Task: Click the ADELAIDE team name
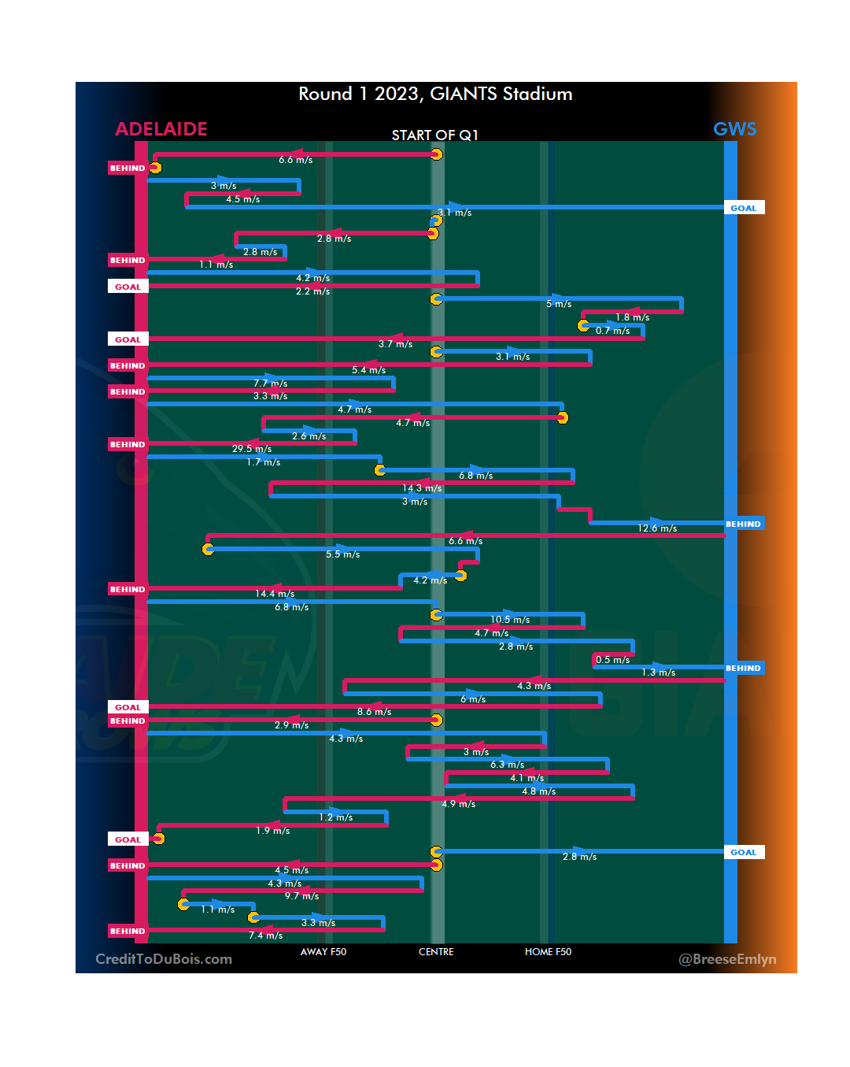tap(161, 129)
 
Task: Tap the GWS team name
tap(734, 129)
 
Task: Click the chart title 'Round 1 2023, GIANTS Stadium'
tap(435, 94)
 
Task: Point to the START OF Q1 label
tap(434, 135)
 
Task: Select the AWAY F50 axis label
tap(323, 952)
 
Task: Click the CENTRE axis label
tap(436, 952)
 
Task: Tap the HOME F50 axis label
tap(548, 952)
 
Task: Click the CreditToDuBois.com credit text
tap(164, 959)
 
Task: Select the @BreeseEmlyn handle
tap(727, 959)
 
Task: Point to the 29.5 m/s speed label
tap(252, 449)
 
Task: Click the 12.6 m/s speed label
tap(657, 528)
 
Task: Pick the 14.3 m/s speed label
tap(422, 488)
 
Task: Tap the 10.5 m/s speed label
tap(510, 620)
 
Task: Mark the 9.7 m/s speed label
tap(301, 896)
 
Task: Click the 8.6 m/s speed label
tap(374, 712)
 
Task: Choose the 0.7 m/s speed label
tap(612, 331)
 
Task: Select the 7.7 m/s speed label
tap(270, 383)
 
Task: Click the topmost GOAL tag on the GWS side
tap(743, 209)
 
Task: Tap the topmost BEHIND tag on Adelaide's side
tap(128, 169)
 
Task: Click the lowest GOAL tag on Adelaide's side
tap(128, 840)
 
